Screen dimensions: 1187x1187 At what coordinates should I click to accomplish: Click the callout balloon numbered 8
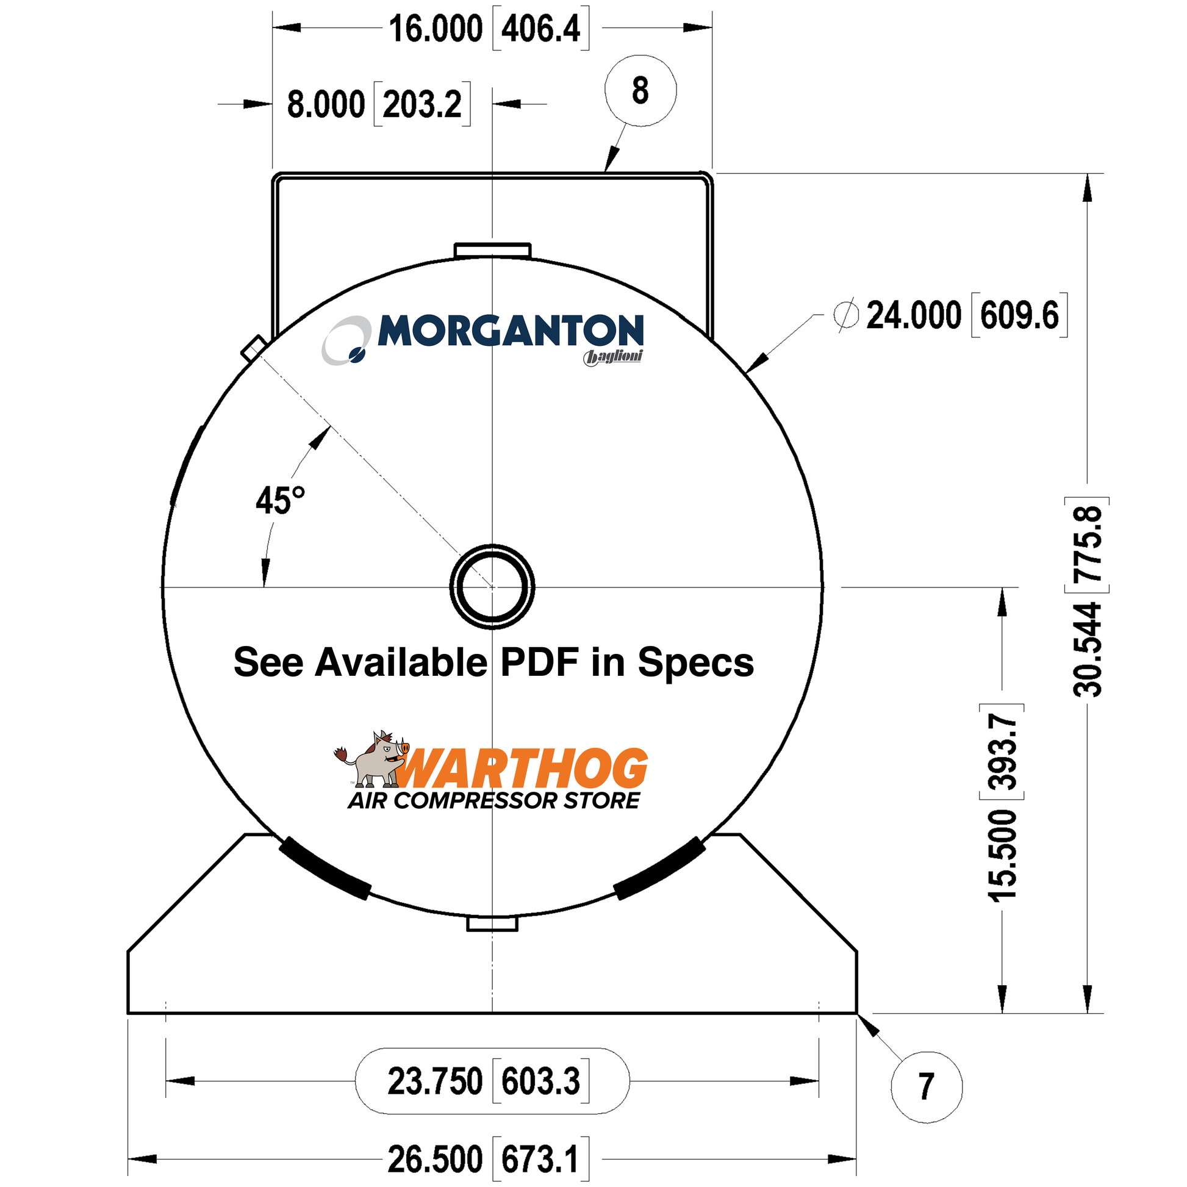point(640,90)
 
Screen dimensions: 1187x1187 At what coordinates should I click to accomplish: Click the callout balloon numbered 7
point(926,1087)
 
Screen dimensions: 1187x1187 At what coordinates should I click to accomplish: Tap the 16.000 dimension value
point(436,29)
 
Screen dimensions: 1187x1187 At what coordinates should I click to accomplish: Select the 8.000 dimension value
point(326,104)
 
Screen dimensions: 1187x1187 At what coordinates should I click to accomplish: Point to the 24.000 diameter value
point(914,315)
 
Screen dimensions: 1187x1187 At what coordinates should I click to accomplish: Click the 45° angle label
point(280,500)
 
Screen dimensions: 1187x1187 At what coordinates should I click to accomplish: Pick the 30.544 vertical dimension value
point(1088,649)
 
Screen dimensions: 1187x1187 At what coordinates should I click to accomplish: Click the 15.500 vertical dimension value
point(1002,856)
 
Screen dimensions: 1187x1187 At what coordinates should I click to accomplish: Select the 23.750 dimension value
point(434,1081)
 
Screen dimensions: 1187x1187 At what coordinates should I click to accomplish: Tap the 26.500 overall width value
point(435,1160)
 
